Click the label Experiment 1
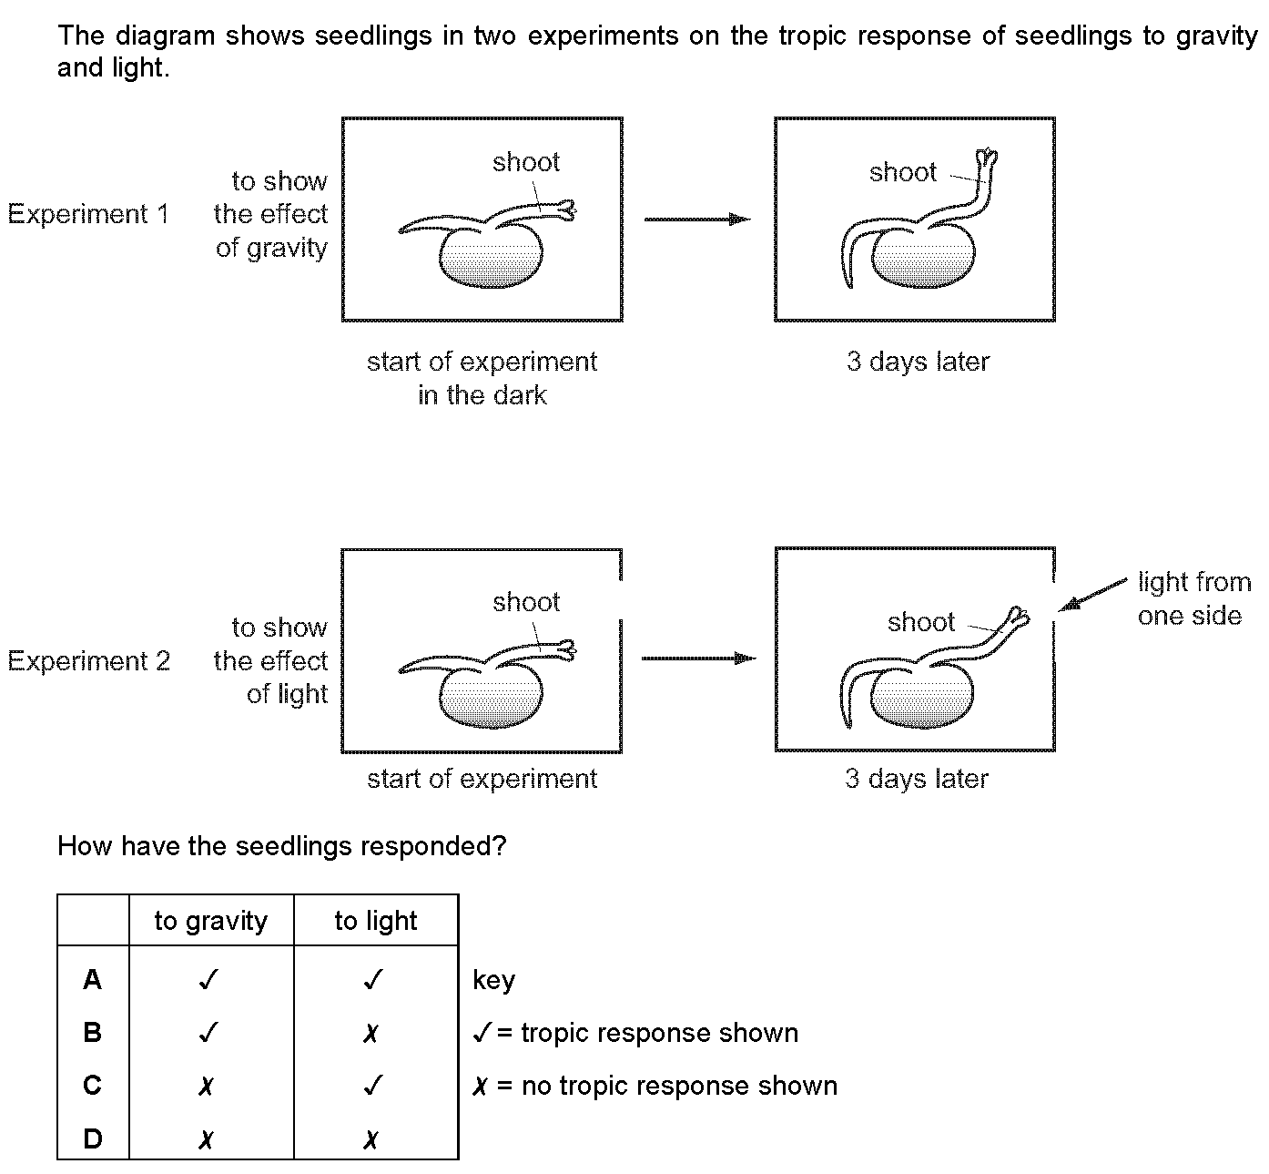coord(89,213)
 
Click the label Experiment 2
coord(89,660)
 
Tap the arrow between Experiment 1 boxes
coord(697,219)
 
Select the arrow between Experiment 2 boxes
coord(698,658)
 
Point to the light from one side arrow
coord(1092,595)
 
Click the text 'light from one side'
coord(1193,598)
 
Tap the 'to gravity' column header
coord(211,921)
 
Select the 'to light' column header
coord(376,921)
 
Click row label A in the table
coord(93,979)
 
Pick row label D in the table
coord(93,1138)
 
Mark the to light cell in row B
coord(371,1033)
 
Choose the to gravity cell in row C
coord(207,1086)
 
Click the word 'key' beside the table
coord(494,980)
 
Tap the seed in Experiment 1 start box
coord(491,256)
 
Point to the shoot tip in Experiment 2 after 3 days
coord(1020,617)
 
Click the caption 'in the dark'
coord(482,395)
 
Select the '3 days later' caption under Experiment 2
coord(917,778)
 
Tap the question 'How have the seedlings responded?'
coord(282,846)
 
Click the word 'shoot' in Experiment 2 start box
coord(526,602)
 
